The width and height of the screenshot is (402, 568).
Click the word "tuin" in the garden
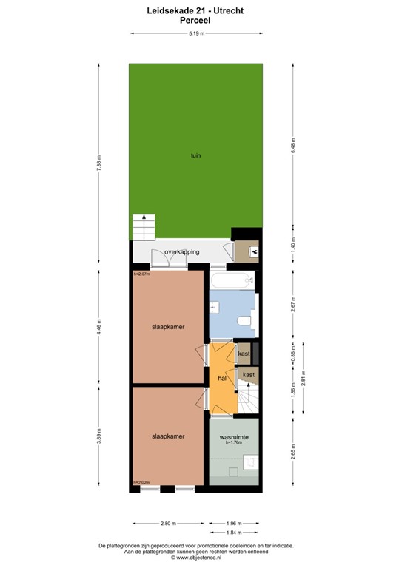point(195,155)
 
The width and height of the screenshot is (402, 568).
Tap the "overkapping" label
point(181,252)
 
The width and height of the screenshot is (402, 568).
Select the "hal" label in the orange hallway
point(221,378)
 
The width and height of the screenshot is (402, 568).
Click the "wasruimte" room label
point(234,438)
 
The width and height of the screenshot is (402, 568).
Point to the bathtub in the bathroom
point(231,280)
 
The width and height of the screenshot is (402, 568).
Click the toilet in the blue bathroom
point(244,320)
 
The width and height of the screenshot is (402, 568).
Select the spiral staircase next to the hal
point(247,400)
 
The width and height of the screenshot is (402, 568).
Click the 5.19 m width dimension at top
point(196,33)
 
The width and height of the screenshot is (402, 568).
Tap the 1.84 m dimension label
point(234,532)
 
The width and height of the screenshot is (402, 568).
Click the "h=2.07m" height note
point(141,274)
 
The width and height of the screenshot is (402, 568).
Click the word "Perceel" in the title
point(196,21)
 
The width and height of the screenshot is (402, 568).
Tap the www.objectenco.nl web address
point(196,557)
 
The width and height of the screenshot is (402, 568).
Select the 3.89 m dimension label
point(98,436)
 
